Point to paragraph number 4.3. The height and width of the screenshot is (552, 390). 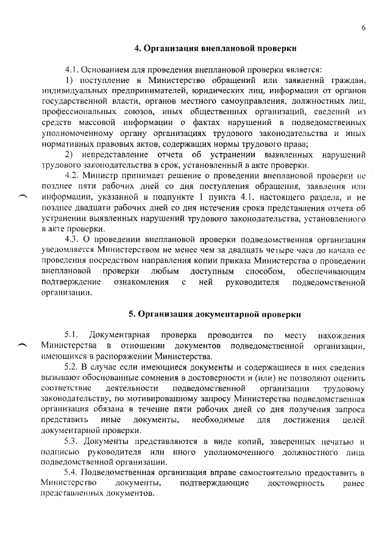click(x=74, y=238)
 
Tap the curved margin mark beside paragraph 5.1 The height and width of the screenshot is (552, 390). click(x=24, y=345)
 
